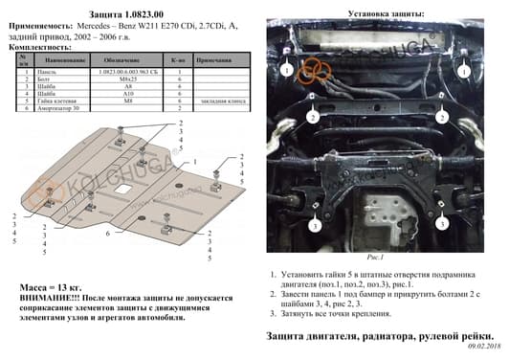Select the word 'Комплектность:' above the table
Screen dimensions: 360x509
click(36, 47)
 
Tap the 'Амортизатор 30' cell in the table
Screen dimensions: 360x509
click(59, 109)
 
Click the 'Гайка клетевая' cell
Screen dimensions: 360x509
click(58, 101)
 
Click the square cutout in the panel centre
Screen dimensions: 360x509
click(121, 195)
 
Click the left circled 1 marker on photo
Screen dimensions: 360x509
click(286, 70)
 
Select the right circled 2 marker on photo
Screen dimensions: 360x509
click(442, 117)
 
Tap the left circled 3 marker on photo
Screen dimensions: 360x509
click(314, 226)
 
